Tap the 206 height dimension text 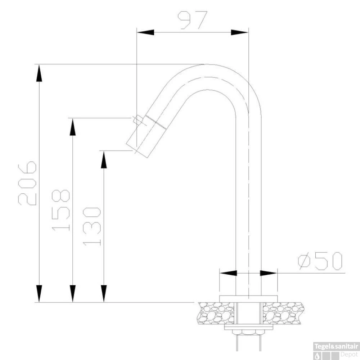pyautogui.click(x=27, y=184)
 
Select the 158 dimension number pyautogui.click(x=60, y=210)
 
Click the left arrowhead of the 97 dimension pyautogui.click(x=145, y=32)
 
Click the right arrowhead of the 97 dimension pyautogui.click(x=239, y=32)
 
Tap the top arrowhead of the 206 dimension pyautogui.click(x=39, y=73)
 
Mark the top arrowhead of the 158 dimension pyautogui.click(x=73, y=127)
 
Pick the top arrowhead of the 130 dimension pyautogui.click(x=104, y=159)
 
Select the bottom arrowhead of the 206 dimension pyautogui.click(x=39, y=293)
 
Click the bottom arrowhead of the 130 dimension pyautogui.click(x=104, y=293)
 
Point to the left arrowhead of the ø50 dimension pyautogui.click(x=228, y=273)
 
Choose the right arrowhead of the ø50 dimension pyautogui.click(x=268, y=273)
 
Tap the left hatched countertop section pyautogui.click(x=216, y=313)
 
